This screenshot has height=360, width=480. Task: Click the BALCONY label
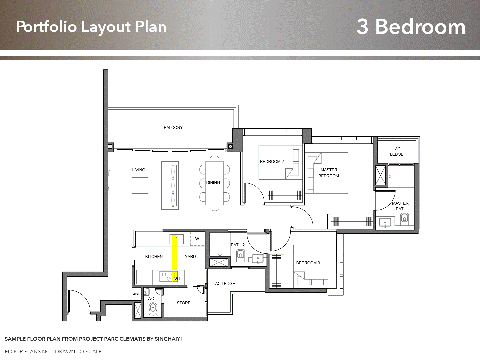[173, 127]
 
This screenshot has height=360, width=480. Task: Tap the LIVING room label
[139, 170]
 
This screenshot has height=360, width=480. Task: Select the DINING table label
[213, 183]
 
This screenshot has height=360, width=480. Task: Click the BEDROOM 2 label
[272, 162]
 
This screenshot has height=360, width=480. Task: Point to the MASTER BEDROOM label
[329, 173]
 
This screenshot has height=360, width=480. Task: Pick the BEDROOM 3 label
[308, 263]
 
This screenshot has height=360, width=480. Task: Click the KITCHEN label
[154, 257]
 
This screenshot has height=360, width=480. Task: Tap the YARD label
[190, 257]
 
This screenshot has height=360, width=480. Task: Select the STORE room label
[184, 303]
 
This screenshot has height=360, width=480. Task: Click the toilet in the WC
[153, 310]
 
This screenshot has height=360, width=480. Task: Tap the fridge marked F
[143, 277]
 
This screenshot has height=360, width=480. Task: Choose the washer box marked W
[197, 239]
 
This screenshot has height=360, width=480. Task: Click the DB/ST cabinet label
[136, 294]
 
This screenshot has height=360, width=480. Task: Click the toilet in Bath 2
[241, 254]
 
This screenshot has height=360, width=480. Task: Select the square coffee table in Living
[140, 185]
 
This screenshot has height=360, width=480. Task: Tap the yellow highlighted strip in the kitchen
[175, 258]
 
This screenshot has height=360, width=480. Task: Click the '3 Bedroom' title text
[411, 27]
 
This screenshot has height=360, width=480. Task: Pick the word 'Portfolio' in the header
[46, 27]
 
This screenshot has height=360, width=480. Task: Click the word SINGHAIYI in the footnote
[168, 339]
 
